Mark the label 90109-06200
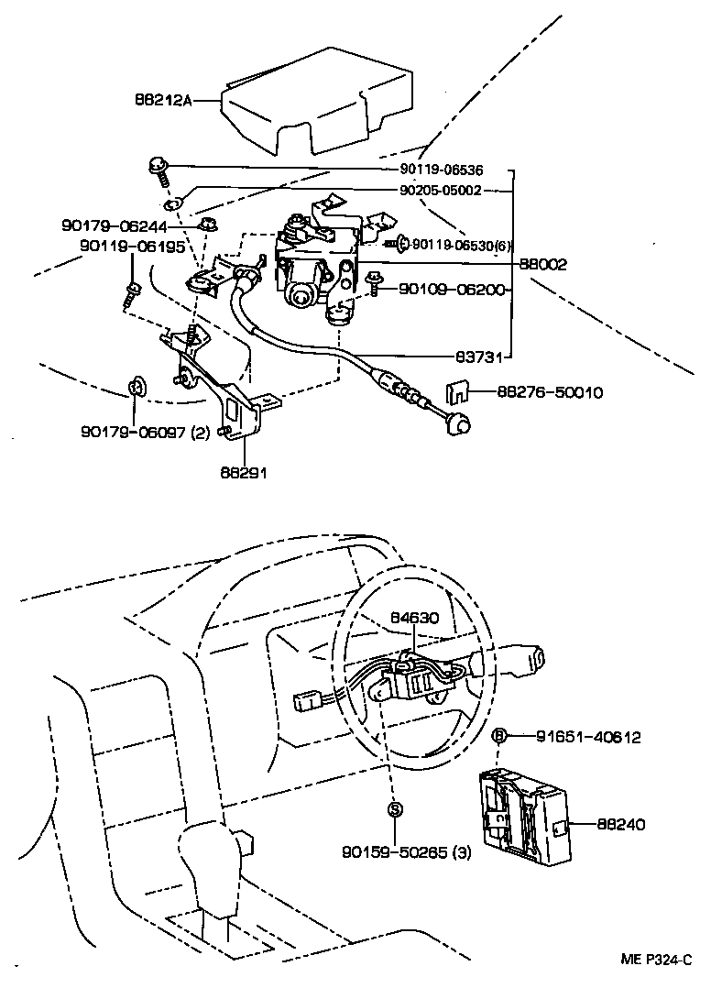[452, 289]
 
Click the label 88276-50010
[550, 391]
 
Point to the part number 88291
[244, 476]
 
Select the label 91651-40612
[587, 736]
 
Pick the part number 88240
[622, 824]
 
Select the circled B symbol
[499, 735]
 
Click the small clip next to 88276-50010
[456, 392]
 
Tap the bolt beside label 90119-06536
[157, 169]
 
